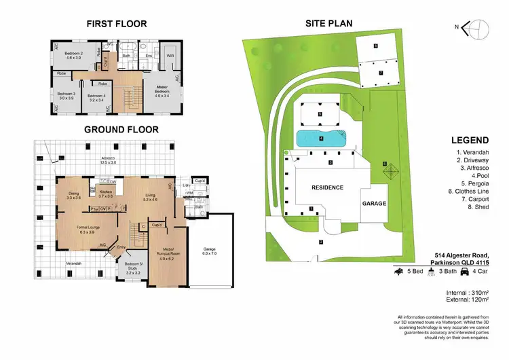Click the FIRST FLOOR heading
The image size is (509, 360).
click(x=116, y=24)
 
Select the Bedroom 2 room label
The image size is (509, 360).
click(x=73, y=55)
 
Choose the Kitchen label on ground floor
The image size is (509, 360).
click(x=106, y=194)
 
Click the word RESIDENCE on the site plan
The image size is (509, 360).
click(x=327, y=187)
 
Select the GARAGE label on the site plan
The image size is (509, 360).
click(x=374, y=203)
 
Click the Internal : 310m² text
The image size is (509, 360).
click(x=472, y=291)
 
